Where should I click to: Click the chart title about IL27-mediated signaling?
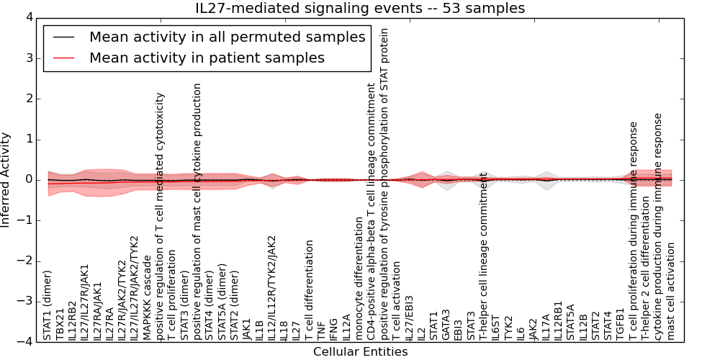tap(360, 8)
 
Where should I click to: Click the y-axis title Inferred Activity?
tap(6, 179)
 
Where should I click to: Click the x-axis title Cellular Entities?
tap(360, 352)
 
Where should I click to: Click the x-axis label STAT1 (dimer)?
tap(48, 305)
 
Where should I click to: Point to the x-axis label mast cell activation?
tap(672, 291)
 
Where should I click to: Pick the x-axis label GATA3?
tap(446, 324)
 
